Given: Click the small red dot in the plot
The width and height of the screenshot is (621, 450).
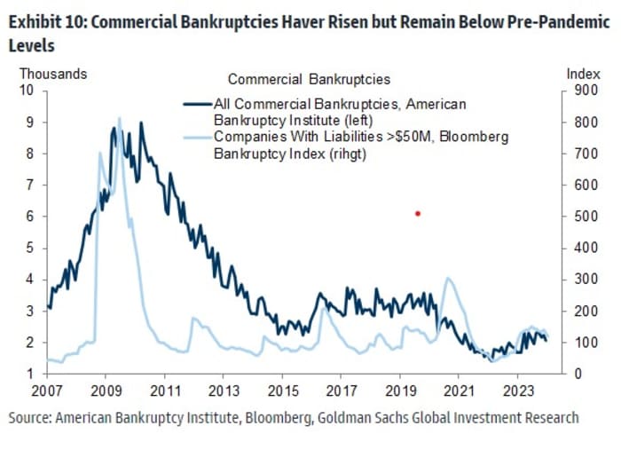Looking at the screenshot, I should point(417,213).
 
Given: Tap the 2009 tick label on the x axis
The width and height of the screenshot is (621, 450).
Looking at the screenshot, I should point(106,390).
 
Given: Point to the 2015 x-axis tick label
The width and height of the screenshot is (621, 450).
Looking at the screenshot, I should point(282,390).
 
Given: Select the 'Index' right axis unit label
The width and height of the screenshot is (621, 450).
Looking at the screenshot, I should point(578,75).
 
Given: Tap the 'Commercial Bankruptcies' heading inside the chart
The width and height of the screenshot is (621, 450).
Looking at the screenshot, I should point(309,81).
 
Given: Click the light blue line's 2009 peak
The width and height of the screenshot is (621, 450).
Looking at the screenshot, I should point(120,118).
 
